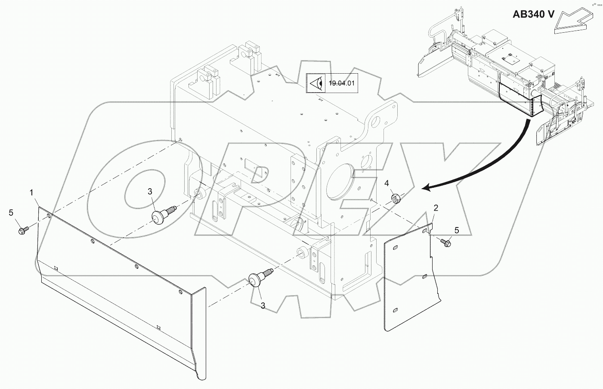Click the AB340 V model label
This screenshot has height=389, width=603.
pyautogui.click(x=533, y=14)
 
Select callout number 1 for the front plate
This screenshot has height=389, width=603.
pyautogui.click(x=32, y=193)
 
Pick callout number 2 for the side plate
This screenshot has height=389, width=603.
pyautogui.click(x=436, y=208)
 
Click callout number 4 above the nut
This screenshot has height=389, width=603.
pyautogui.click(x=387, y=184)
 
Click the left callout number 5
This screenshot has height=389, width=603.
pyautogui.click(x=11, y=212)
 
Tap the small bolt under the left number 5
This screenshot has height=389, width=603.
pyautogui.click(x=22, y=231)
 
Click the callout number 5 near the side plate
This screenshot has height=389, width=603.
pyautogui.click(x=457, y=230)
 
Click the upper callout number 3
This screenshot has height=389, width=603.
pyautogui.click(x=150, y=191)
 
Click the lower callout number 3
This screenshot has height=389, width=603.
pyautogui.click(x=263, y=305)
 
